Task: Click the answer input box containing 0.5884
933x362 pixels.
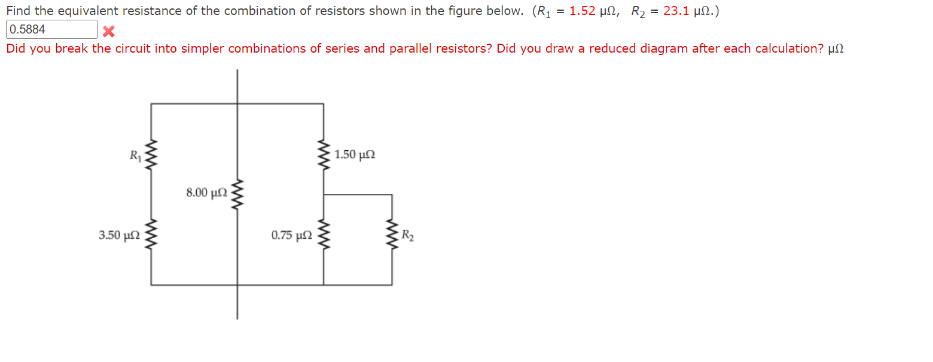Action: pos(51,29)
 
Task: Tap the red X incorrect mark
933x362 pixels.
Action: pos(108,31)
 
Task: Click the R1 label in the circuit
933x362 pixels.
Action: pos(135,156)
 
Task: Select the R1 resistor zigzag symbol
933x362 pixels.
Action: pos(151,156)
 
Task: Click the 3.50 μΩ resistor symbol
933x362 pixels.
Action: pos(151,236)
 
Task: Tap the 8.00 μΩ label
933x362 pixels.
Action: pos(206,193)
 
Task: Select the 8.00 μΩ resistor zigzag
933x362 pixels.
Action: pos(237,193)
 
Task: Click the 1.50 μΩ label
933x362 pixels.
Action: pos(355,156)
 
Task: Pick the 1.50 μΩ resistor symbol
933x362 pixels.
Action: pos(324,156)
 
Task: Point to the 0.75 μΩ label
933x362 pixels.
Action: pos(291,236)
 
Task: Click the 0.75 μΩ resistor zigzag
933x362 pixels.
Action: pos(324,236)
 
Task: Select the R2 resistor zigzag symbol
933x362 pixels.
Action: pos(392,236)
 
